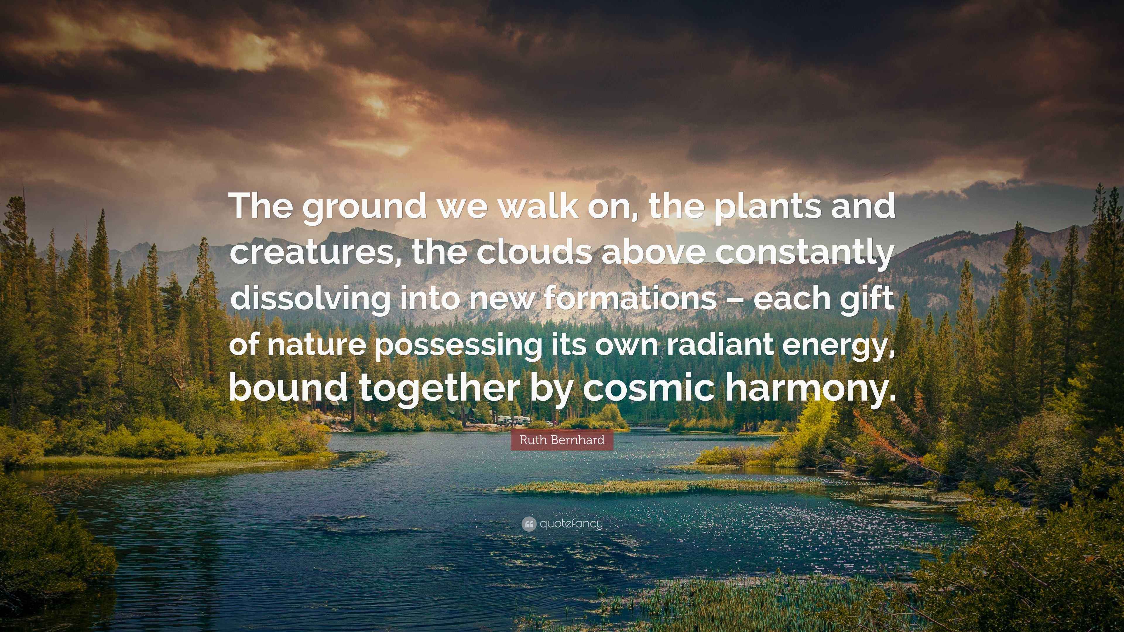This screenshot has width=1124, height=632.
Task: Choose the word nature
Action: [316, 345]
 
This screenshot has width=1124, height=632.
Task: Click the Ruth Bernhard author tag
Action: [562, 440]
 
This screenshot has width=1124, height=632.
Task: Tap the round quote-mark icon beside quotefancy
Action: [529, 523]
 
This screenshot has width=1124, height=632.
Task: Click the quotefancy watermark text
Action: [571, 524]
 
